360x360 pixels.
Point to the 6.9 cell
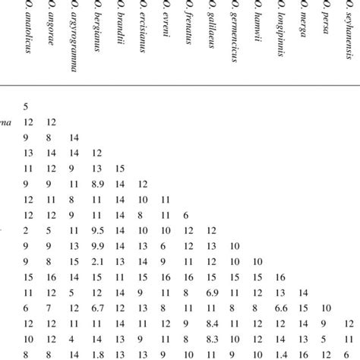(x=211, y=292)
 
